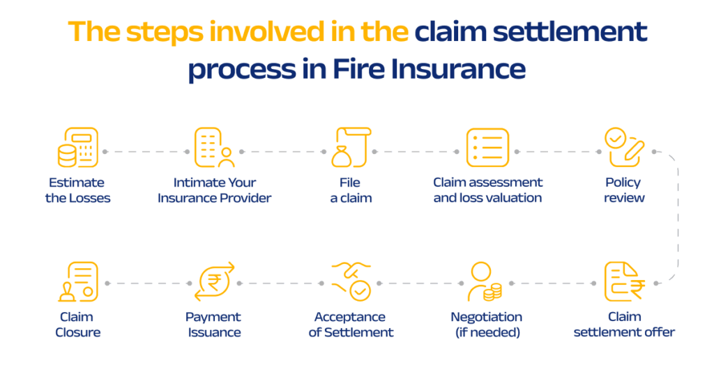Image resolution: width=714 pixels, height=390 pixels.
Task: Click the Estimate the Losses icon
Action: point(77,148)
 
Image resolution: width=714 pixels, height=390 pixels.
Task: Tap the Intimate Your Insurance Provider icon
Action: point(213,148)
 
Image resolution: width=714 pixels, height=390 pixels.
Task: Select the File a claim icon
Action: point(351,148)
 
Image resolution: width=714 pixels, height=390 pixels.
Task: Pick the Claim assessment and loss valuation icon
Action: point(487,148)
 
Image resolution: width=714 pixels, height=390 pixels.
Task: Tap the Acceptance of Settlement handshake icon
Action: point(351,283)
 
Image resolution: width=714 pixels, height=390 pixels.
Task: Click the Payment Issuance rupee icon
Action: point(213,283)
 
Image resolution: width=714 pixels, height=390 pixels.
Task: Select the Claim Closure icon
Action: point(77,283)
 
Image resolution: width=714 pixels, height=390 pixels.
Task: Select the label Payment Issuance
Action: point(213,325)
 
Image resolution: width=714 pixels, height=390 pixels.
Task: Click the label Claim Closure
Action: point(77,325)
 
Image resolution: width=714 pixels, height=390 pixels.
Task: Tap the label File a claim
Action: point(351,190)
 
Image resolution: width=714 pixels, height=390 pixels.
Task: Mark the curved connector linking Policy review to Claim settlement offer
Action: point(677,216)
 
